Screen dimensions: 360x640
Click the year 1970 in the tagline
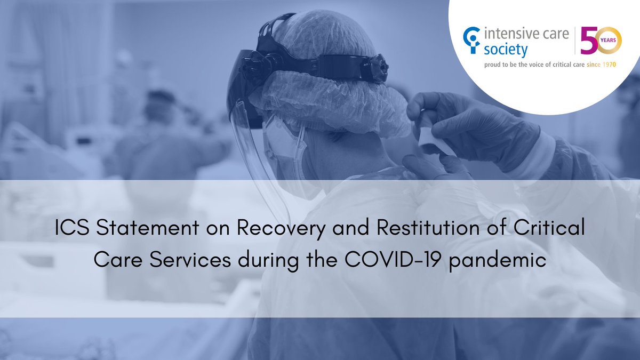[616, 65]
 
